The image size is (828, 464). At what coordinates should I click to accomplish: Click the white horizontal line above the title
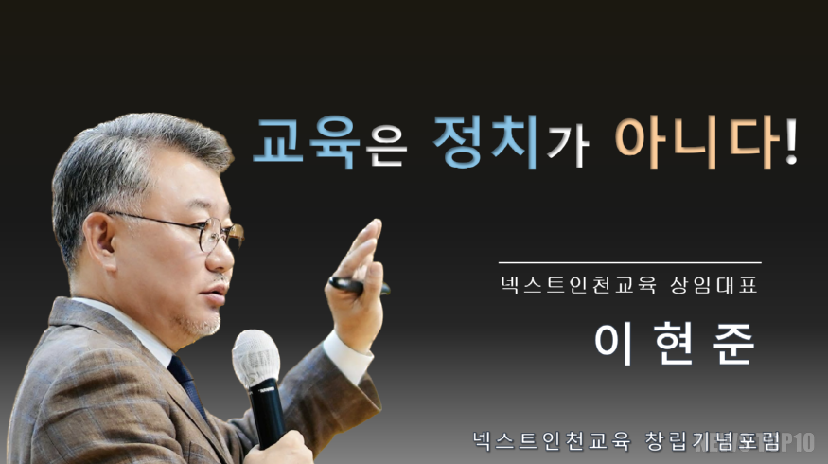[x=629, y=262]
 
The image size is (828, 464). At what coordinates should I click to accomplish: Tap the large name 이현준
[x=675, y=343]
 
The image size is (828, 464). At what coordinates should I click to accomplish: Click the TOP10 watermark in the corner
[x=790, y=441]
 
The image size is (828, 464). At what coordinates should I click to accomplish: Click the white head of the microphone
[x=255, y=358]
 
